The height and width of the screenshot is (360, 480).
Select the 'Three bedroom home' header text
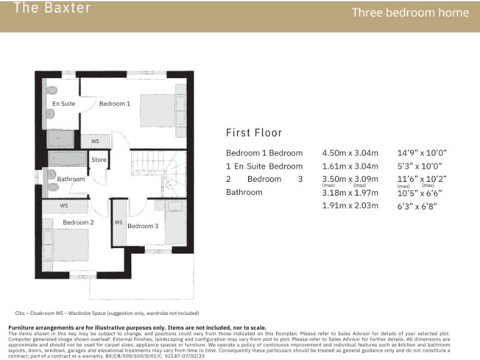(x=410, y=12)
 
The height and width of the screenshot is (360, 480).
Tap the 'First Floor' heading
(x=254, y=132)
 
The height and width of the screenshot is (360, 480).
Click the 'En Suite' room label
(x=64, y=104)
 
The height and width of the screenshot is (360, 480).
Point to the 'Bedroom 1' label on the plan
(x=115, y=104)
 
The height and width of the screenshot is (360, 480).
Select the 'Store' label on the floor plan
(x=99, y=160)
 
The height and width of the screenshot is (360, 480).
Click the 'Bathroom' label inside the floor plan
(x=71, y=179)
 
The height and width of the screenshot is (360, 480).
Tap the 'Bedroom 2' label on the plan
(x=78, y=222)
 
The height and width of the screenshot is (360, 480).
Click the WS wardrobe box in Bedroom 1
(x=95, y=141)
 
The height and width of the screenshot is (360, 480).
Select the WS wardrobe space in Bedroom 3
(x=118, y=222)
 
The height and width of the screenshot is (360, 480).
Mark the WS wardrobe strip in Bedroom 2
(x=64, y=205)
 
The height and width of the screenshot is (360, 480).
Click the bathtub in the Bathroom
(x=67, y=157)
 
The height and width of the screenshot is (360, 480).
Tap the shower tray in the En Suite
(x=61, y=139)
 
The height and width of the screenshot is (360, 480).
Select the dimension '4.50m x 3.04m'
(x=350, y=153)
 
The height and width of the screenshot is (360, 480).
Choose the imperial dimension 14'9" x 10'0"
(x=422, y=153)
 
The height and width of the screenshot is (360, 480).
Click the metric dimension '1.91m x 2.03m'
(x=350, y=206)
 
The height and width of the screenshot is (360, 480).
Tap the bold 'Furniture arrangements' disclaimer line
(x=137, y=327)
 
